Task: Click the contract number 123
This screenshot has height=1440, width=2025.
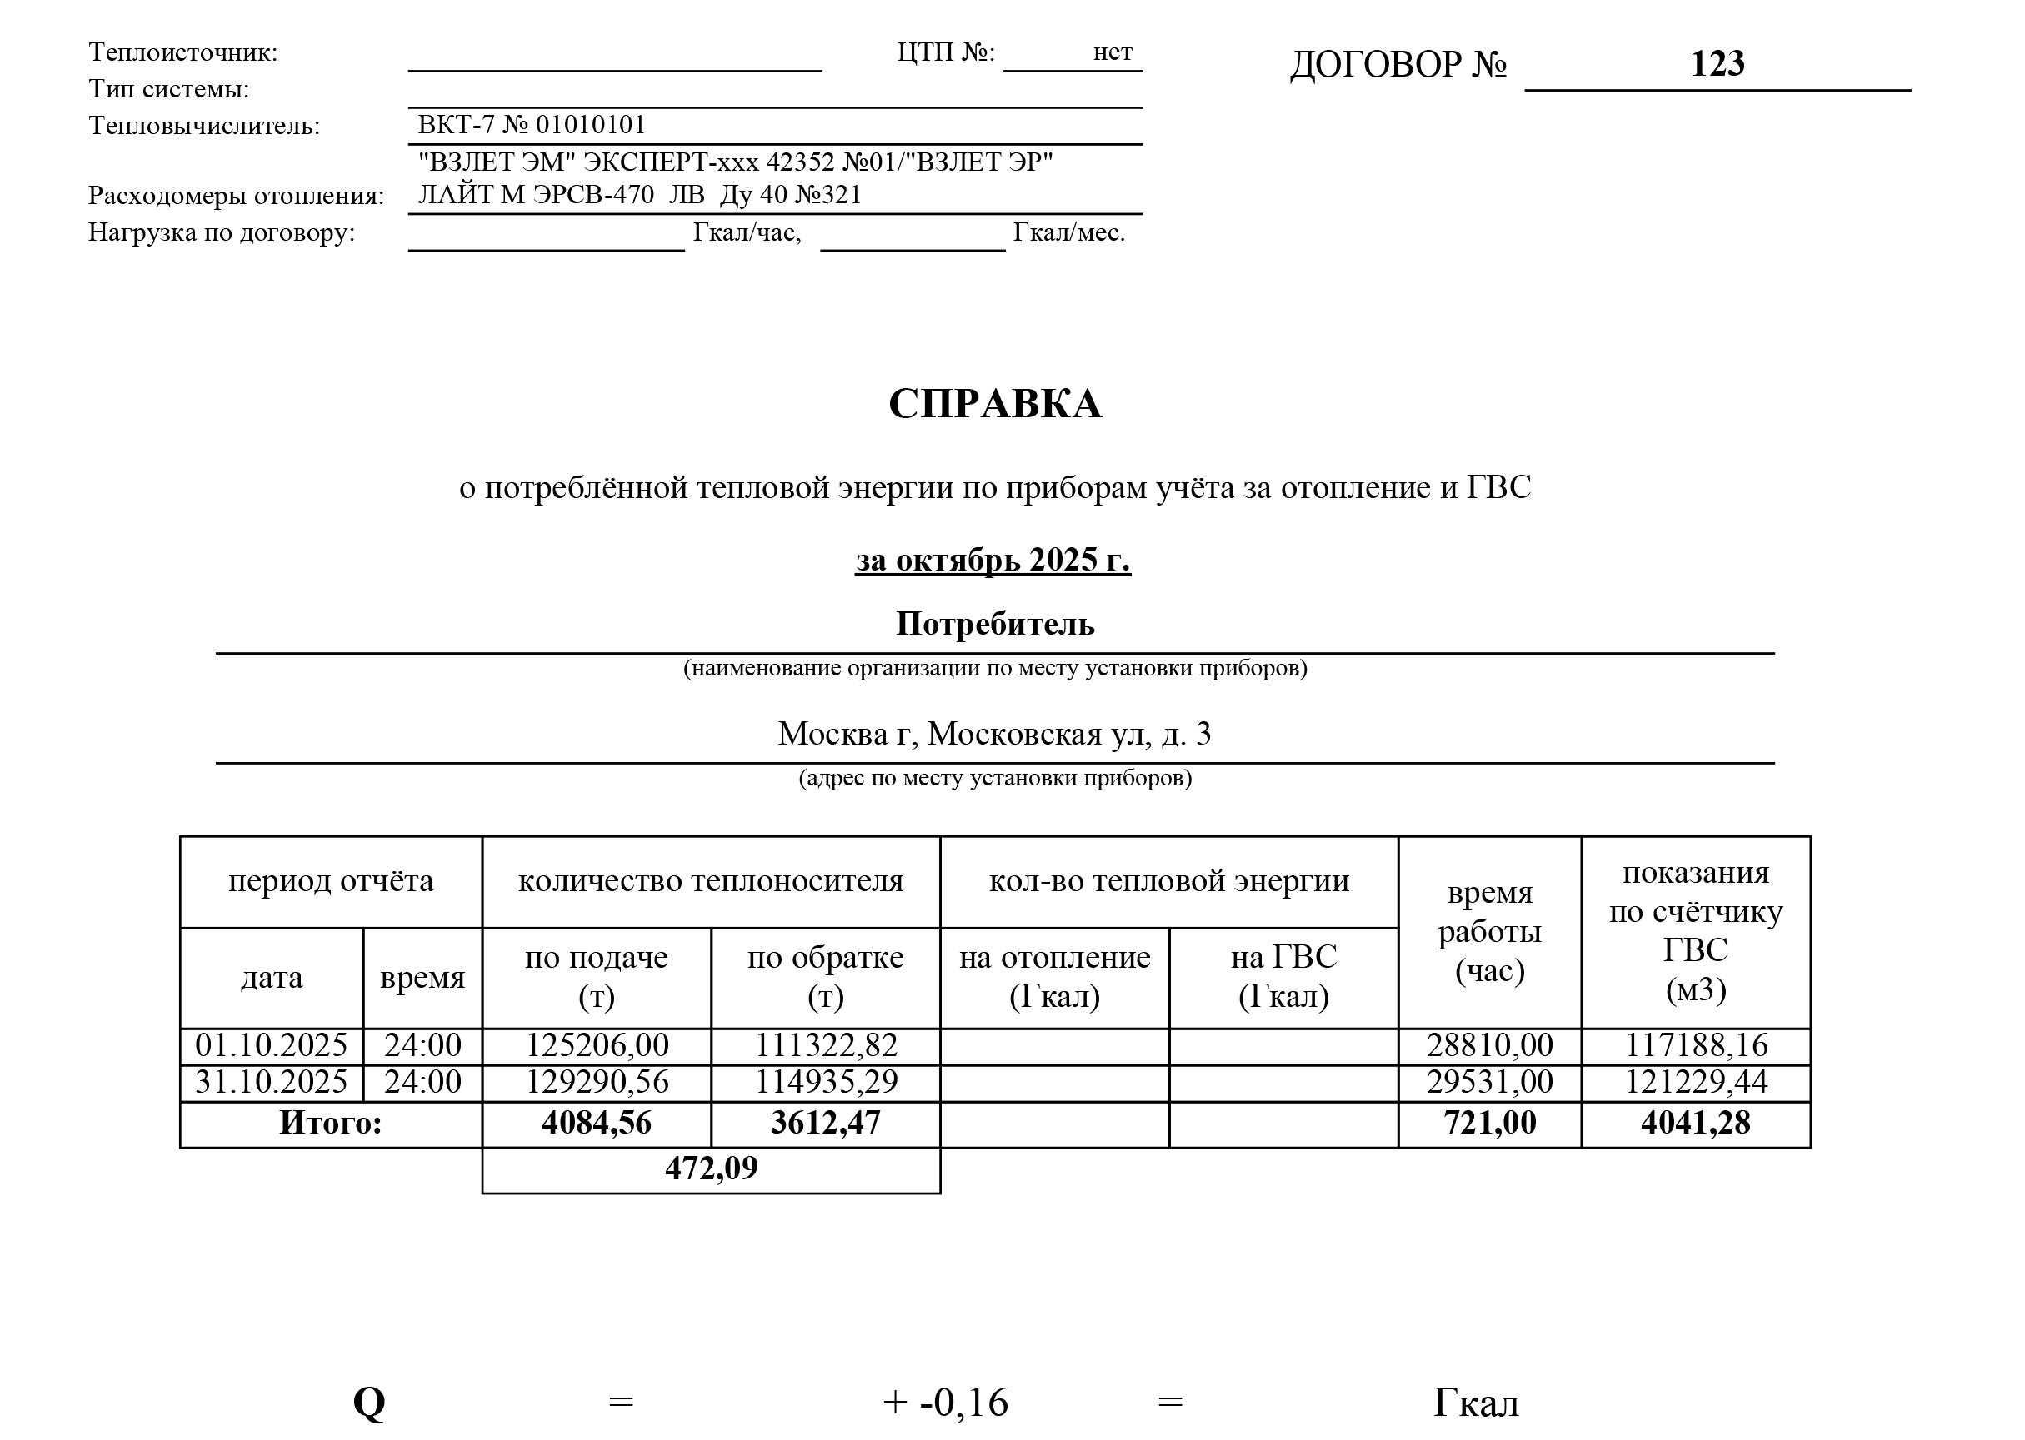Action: pos(1717,64)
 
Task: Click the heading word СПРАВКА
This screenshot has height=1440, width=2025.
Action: pos(994,404)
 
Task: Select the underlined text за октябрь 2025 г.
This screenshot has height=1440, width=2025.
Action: pos(992,561)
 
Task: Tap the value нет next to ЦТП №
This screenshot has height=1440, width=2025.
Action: pos(1112,52)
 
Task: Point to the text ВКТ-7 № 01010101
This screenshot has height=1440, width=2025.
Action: pos(532,125)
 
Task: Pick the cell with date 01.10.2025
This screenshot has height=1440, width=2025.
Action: pos(272,1045)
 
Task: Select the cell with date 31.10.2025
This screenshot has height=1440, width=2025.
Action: pos(272,1083)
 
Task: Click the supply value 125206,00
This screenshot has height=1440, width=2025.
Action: pos(597,1045)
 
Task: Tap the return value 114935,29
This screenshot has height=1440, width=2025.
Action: pos(826,1083)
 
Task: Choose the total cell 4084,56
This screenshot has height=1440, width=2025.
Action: pos(597,1124)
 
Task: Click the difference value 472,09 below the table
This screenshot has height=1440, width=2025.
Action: pos(712,1168)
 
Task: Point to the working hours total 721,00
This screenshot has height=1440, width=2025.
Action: pos(1489,1124)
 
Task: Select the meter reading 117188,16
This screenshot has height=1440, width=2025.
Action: pos(1695,1045)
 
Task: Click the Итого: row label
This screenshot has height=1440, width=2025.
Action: pos(331,1124)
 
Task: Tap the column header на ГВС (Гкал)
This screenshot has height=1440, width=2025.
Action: pos(1283,977)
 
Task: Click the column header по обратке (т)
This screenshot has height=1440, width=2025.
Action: pos(826,977)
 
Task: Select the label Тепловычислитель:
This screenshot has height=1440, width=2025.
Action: pos(204,126)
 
